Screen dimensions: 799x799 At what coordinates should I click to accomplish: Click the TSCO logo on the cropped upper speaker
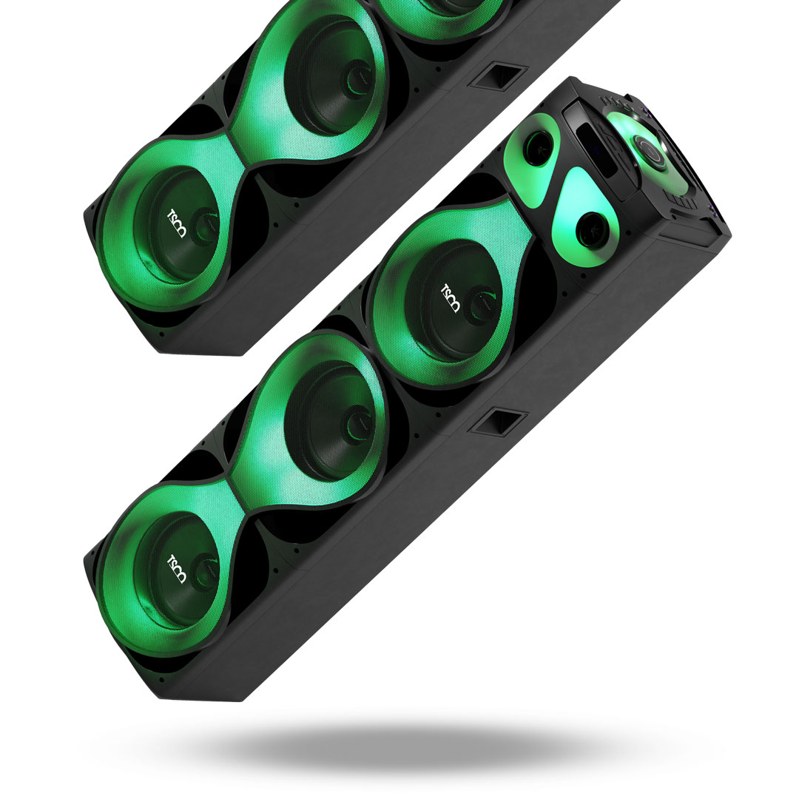pyautogui.click(x=177, y=223)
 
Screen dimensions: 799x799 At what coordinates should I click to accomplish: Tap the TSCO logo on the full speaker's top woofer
pyautogui.click(x=450, y=298)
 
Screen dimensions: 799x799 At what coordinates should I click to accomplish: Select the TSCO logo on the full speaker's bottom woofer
pyautogui.click(x=177, y=569)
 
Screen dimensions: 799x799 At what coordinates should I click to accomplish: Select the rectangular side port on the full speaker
pyautogui.click(x=498, y=422)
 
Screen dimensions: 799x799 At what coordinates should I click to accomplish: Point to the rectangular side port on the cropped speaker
pyautogui.click(x=498, y=76)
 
